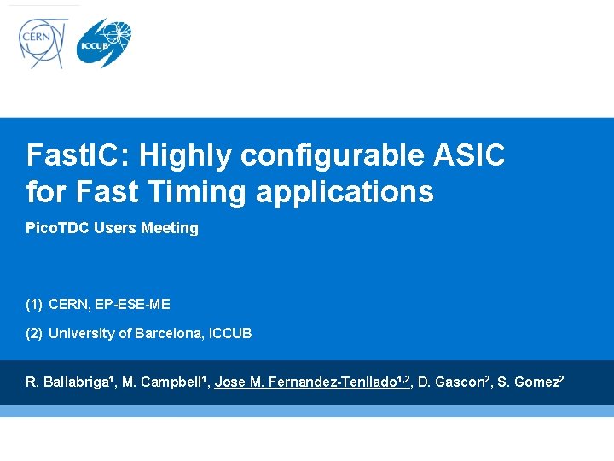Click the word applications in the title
click(x=345, y=193)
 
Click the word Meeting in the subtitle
click(x=171, y=228)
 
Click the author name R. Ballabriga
click(x=67, y=382)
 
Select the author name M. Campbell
click(x=162, y=382)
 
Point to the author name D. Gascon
click(x=449, y=382)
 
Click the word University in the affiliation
click(x=80, y=333)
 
